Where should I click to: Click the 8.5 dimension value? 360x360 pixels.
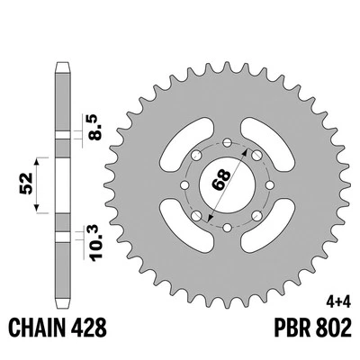pyautogui.click(x=94, y=121)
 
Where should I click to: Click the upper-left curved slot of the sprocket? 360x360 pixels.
pyautogui.click(x=177, y=134)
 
